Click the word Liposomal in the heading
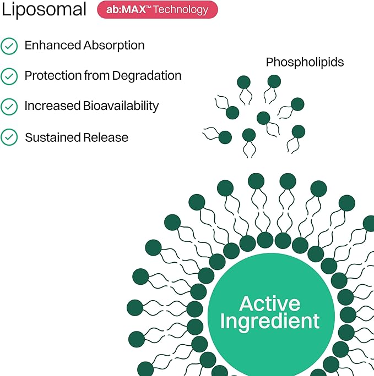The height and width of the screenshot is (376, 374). (x=44, y=10)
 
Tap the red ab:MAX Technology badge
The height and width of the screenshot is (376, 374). (x=157, y=10)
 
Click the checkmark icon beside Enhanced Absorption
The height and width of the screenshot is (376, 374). (x=9, y=46)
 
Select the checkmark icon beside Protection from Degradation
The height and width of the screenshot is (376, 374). (x=9, y=76)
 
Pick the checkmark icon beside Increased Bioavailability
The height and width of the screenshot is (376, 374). (x=9, y=107)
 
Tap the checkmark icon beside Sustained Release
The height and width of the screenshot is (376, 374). (x=9, y=137)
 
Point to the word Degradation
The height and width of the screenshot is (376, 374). (x=147, y=76)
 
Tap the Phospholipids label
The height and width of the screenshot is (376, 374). (x=305, y=63)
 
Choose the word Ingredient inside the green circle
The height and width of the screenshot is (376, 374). (x=270, y=321)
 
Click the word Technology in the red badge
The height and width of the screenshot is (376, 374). (x=182, y=10)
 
